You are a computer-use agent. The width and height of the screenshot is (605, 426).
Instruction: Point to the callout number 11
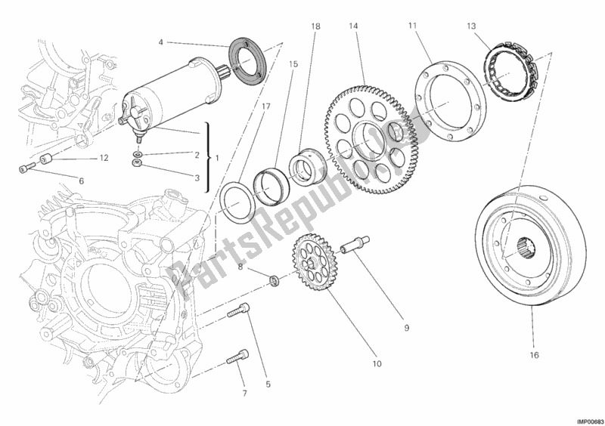point(413,27)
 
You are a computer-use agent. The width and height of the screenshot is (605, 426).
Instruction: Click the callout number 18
point(315,27)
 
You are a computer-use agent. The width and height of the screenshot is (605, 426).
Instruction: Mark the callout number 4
point(160,42)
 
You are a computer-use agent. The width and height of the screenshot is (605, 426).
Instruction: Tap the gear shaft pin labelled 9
point(355,246)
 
